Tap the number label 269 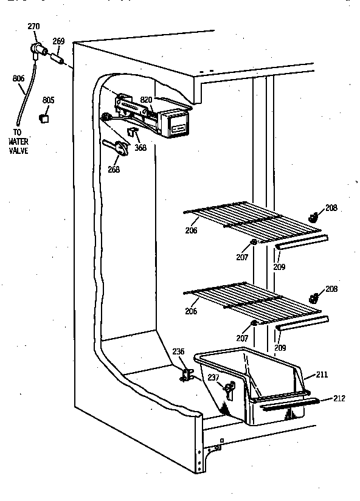coord(58,41)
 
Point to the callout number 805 coord(49,100)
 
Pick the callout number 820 coord(146,99)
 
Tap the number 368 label coord(140,147)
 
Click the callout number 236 coord(178,351)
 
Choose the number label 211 coord(322,375)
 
